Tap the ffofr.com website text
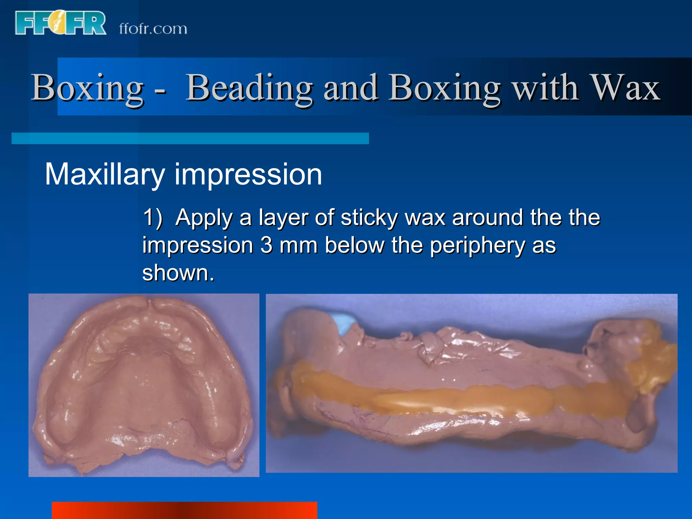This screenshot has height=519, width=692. coord(153,29)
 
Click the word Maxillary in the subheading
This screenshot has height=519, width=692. coord(104,175)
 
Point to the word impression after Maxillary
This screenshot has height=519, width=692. coord(248,175)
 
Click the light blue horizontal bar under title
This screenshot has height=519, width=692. coord(190,138)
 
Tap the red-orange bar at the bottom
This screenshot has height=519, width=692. coord(184,510)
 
